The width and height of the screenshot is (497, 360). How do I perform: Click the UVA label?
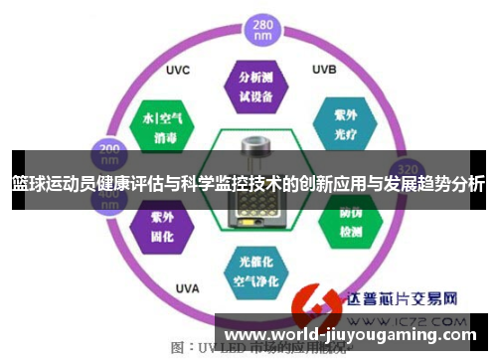click(186, 288)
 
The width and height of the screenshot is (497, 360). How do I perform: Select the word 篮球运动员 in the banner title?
click(48, 184)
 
